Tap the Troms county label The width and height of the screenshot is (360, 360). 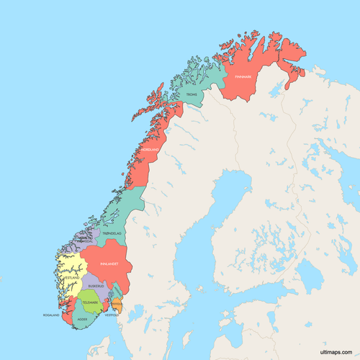point(191,94)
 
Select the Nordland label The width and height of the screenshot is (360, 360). point(148,150)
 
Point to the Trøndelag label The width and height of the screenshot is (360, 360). point(112,234)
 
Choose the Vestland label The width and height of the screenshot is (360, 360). point(71,277)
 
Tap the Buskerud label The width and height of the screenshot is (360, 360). point(96,286)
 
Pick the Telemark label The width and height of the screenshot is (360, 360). point(89,302)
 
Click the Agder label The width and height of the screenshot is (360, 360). point(82,318)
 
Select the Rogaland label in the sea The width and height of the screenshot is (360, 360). point(50,315)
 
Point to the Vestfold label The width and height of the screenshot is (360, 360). point(112,315)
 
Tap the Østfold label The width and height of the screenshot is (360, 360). point(119,305)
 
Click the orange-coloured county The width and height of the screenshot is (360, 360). point(120,307)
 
